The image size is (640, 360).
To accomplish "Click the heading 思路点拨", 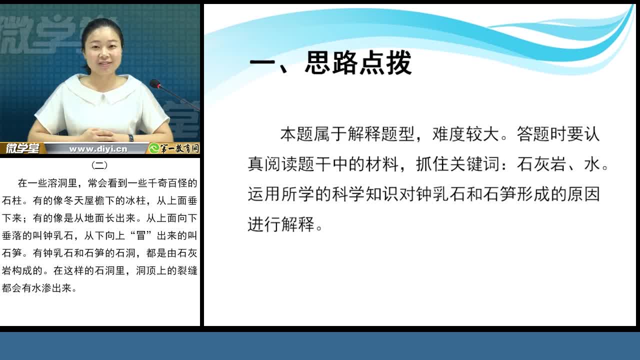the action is click(x=358, y=63).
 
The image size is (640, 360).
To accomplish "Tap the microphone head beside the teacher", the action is click(x=155, y=83).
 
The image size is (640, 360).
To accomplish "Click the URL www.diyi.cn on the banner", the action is click(x=98, y=149).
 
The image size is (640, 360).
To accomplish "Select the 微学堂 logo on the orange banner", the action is click(x=22, y=148).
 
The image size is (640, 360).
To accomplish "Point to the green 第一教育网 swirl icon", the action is click(x=154, y=148).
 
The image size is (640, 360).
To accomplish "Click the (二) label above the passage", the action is click(x=99, y=165).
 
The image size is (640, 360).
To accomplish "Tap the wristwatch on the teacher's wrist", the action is click(x=131, y=138).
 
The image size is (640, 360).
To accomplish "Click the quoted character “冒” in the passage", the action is click(x=140, y=235).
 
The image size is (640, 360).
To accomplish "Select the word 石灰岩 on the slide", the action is click(x=541, y=164).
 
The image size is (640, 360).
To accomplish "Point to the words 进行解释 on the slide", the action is click(x=281, y=224).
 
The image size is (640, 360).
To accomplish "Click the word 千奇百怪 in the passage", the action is click(x=167, y=183).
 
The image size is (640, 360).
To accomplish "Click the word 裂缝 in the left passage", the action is click(x=187, y=270).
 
